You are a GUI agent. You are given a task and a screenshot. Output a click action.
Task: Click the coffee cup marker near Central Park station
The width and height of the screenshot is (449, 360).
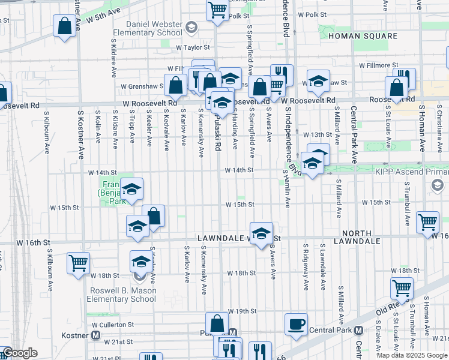coord(296,325)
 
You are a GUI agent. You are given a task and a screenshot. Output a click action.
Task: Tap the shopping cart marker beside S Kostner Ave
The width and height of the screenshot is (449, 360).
coord(78,263)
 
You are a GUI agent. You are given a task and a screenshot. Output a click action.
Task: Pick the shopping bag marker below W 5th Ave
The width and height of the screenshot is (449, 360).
coord(64,26)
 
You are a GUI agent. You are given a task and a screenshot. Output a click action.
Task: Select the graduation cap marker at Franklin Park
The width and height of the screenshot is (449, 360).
coord(131,190)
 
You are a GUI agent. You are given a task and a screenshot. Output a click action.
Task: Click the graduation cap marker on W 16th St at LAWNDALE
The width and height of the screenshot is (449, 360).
coord(261,234)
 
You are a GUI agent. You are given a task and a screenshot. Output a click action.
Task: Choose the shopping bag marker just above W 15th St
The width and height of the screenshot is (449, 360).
coord(154,216)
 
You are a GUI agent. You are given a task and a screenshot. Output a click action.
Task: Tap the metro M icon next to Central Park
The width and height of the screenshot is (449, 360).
coord(358,330)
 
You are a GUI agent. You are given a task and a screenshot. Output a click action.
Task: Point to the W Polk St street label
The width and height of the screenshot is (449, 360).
coord(312,14)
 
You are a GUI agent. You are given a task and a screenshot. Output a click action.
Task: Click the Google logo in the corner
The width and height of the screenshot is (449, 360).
coord(19,353)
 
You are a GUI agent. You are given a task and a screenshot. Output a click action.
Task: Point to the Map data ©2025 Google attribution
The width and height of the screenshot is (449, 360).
coord(412,355)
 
